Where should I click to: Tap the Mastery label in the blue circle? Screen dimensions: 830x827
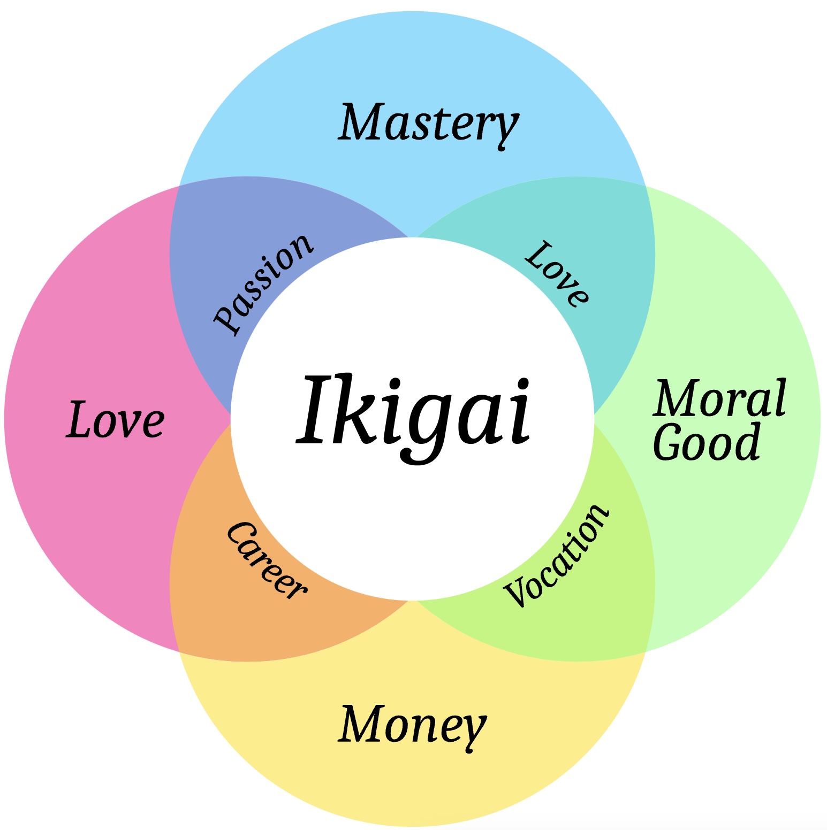(429, 124)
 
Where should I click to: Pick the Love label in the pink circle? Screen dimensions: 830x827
(115, 420)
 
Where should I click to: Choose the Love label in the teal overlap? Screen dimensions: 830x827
(557, 273)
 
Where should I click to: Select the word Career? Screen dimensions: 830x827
(266, 560)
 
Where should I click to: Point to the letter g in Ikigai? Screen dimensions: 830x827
(426, 422)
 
